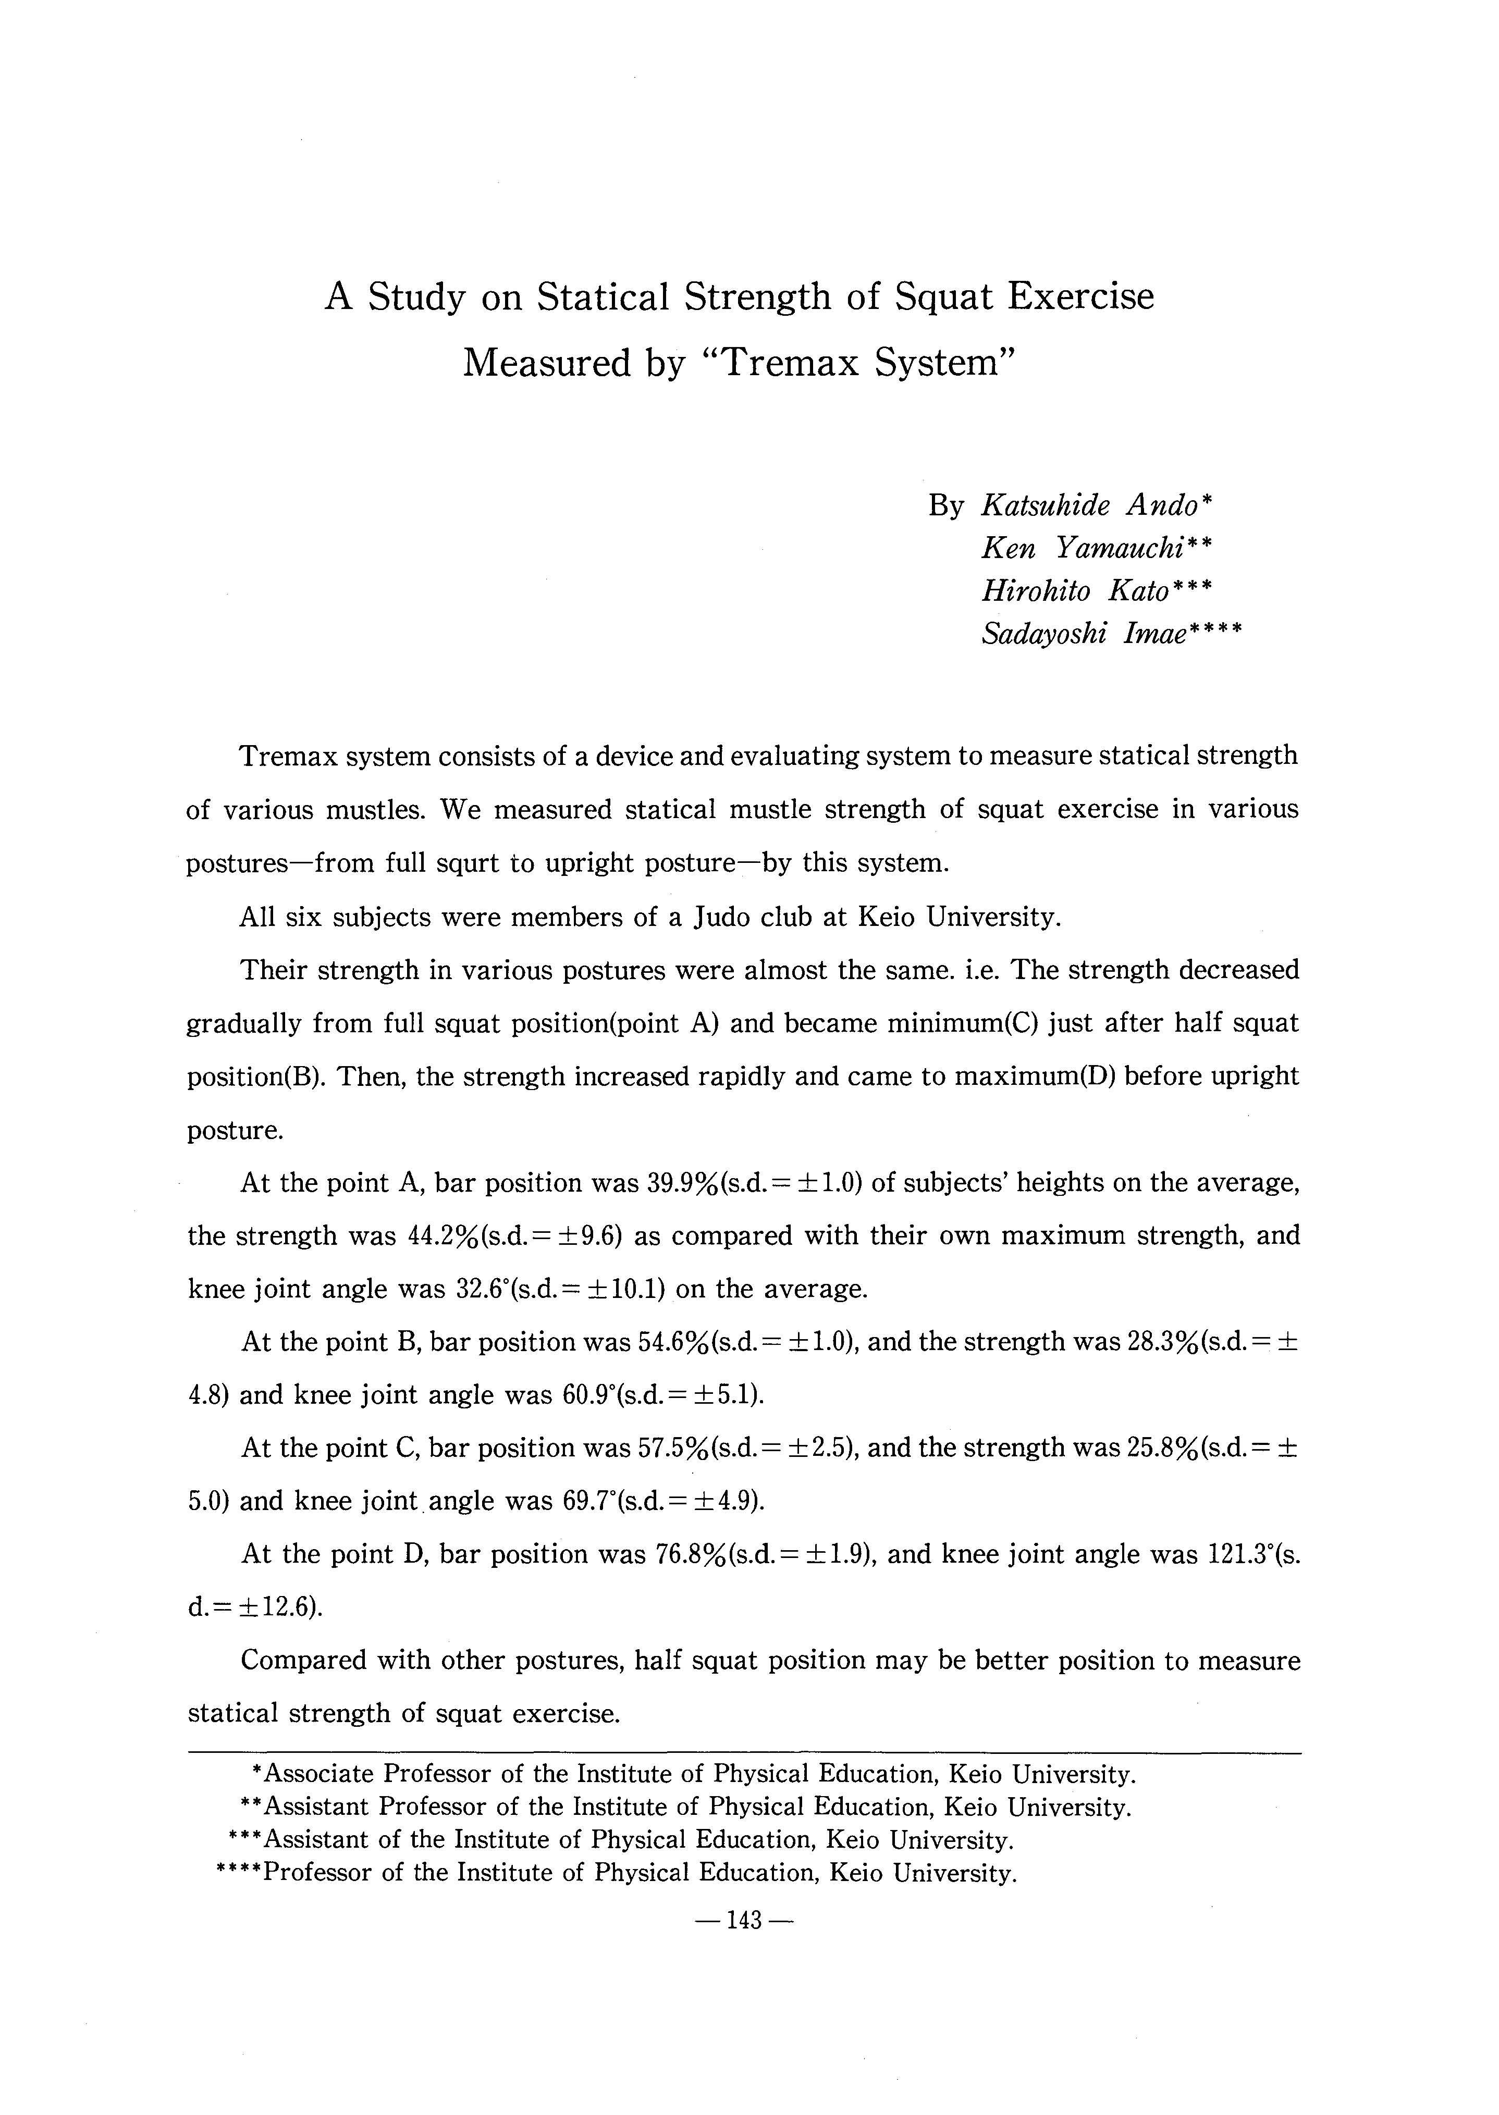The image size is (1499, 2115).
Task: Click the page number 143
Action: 744,1920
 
